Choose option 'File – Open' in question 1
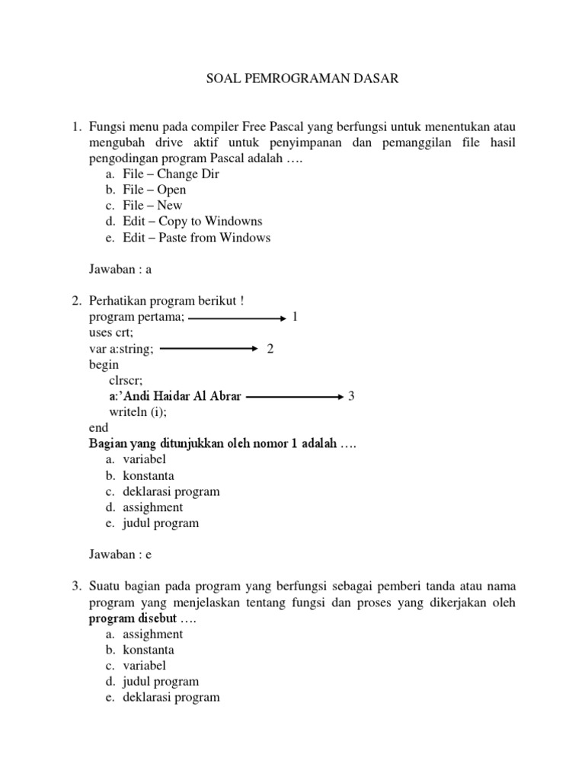[154, 190]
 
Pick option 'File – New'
[152, 206]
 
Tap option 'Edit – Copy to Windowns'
[192, 222]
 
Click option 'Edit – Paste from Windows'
[196, 238]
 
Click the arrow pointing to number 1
[236, 317]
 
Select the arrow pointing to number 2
[209, 348]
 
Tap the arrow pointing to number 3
[296, 396]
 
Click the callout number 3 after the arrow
[351, 396]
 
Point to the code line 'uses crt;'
[110, 333]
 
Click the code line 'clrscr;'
[126, 380]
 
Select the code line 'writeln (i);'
[137, 412]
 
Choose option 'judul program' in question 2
[161, 523]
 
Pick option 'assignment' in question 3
[152, 634]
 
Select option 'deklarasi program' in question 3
[171, 697]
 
